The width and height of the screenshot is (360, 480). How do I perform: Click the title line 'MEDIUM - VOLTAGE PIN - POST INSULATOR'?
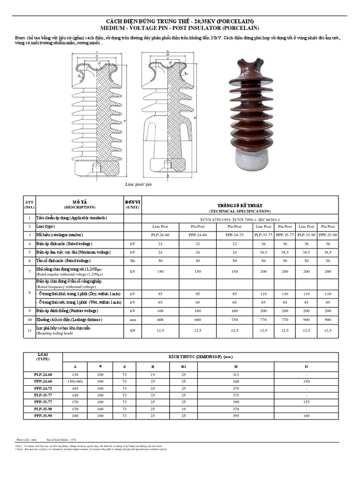180,29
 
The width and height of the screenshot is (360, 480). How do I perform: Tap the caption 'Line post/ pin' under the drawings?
139,184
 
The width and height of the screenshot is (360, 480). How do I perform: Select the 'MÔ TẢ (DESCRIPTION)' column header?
80,204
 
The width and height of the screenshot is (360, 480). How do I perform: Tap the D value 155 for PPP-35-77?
307,402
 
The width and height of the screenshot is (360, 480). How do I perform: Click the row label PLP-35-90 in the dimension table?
43,408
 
